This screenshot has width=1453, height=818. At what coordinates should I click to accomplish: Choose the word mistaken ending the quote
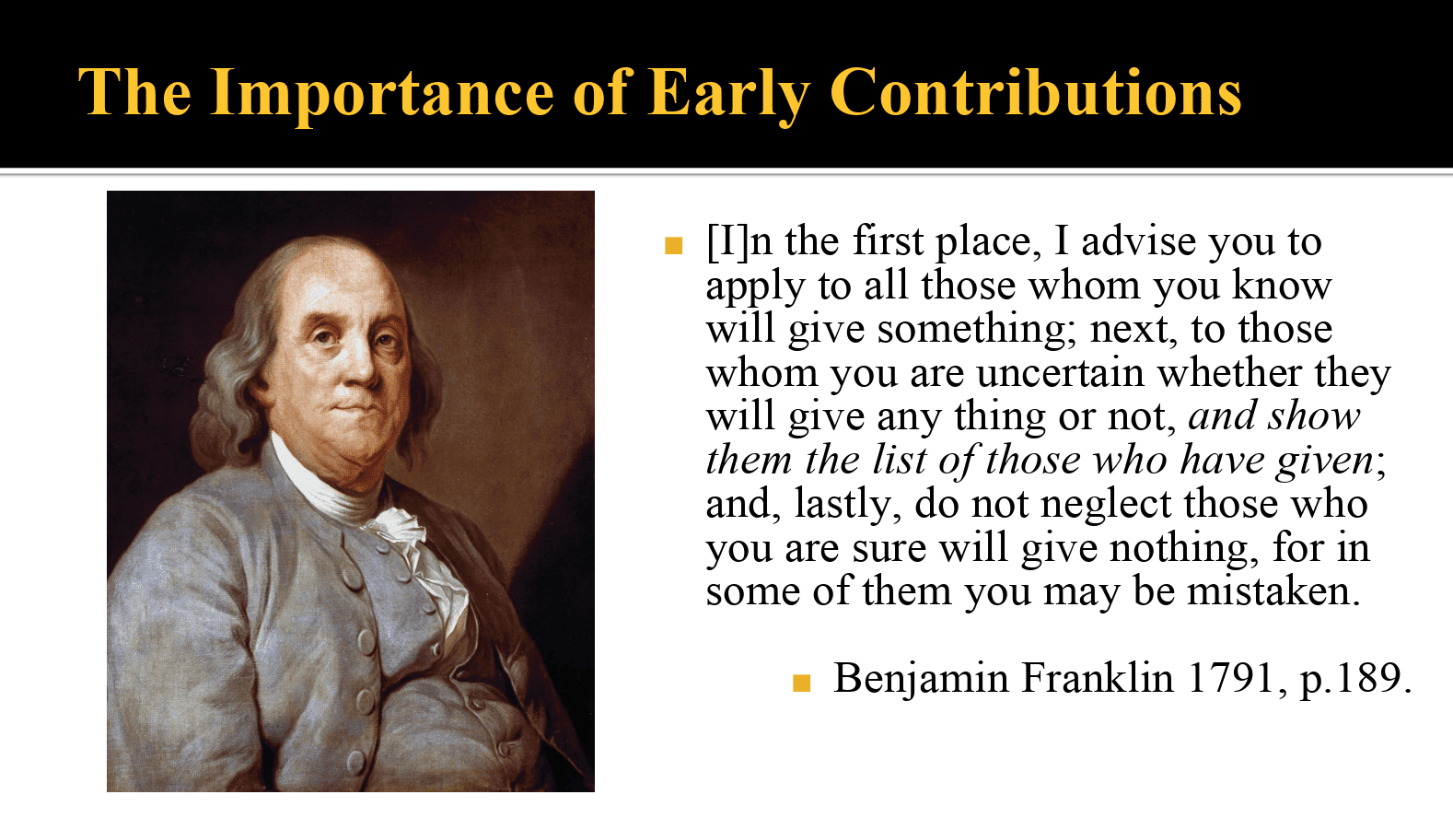click(x=1273, y=591)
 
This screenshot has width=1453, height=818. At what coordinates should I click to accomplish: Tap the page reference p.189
click(x=1355, y=680)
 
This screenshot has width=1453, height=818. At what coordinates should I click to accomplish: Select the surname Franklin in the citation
click(x=1097, y=678)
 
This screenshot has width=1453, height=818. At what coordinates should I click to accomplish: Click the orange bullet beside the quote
click(x=674, y=246)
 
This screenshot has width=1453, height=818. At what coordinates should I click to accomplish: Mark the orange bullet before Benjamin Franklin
click(x=802, y=684)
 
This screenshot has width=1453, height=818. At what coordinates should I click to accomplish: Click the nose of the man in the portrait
click(x=361, y=368)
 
